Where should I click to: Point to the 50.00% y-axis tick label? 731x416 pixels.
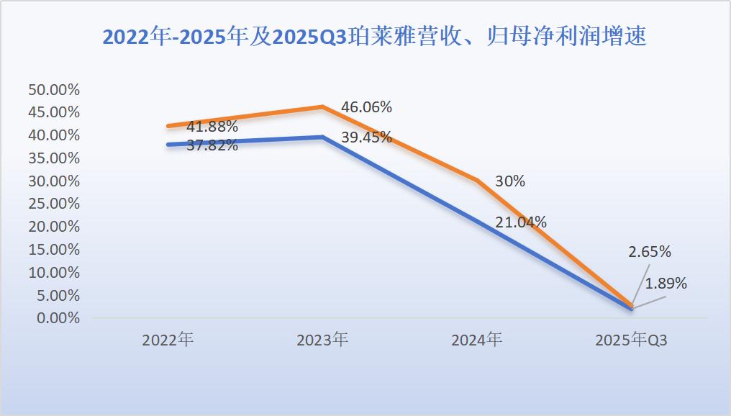tap(53, 89)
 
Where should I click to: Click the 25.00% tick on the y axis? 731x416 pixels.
tap(53, 204)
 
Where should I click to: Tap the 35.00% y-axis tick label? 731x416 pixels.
tap(53, 158)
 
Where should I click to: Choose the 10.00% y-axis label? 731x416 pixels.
tap(53, 272)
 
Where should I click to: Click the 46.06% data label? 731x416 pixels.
tap(366, 107)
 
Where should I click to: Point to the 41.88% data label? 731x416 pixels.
tap(212, 127)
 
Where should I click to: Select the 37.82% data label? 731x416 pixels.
tap(212, 146)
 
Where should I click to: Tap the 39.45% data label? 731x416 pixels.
tap(366, 137)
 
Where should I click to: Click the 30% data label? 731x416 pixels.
tap(509, 181)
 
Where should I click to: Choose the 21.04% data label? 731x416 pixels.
tap(521, 222)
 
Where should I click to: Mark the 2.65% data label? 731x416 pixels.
tap(650, 252)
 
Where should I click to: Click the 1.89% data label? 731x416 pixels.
tap(666, 284)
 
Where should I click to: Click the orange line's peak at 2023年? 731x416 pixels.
tap(322, 107)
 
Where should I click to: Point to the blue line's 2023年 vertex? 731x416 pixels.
tap(322, 137)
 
